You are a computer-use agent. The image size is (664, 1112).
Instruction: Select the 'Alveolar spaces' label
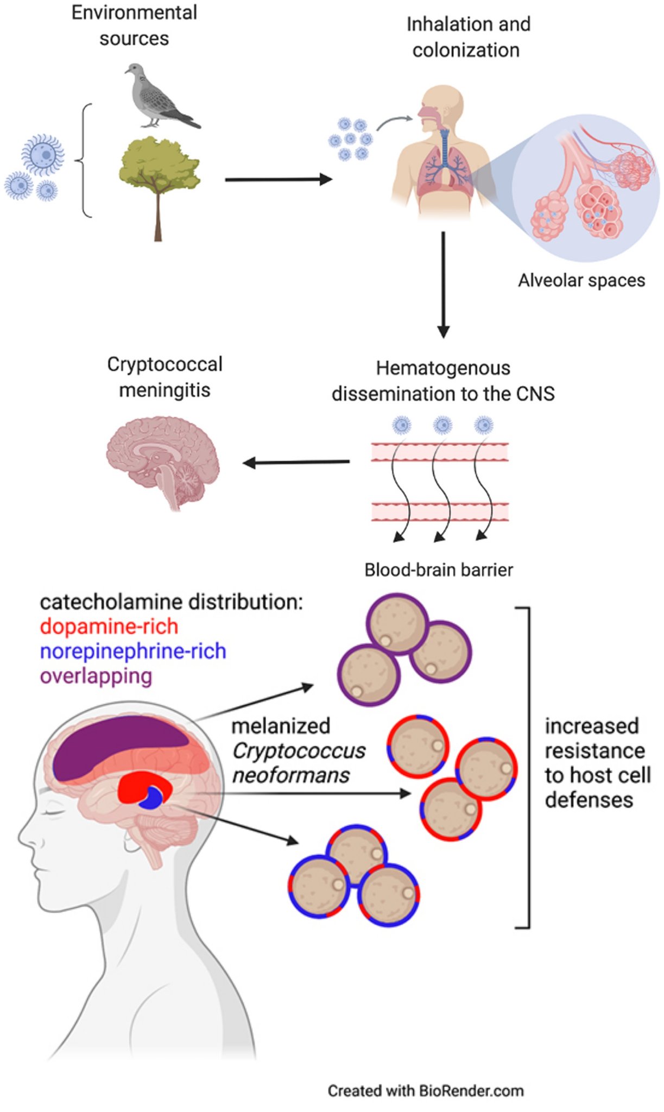click(x=581, y=281)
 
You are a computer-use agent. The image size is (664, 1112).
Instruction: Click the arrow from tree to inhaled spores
click(x=278, y=179)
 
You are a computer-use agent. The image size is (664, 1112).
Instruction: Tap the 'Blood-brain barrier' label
click(x=438, y=570)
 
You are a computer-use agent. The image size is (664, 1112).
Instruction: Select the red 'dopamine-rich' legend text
click(x=109, y=627)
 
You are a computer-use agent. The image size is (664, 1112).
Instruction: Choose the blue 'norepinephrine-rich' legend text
click(x=133, y=651)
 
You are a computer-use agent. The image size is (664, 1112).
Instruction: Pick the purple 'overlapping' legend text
click(x=96, y=676)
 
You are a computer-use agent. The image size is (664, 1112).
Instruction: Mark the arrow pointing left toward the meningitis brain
click(x=296, y=463)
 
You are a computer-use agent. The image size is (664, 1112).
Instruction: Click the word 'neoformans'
click(x=290, y=775)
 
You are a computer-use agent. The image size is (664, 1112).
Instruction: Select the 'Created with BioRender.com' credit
click(x=426, y=1091)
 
